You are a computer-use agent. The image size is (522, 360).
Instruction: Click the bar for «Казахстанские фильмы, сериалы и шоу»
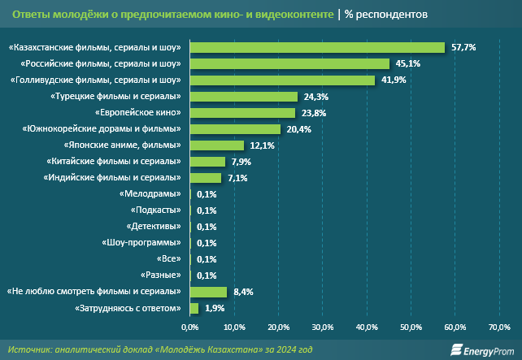(317, 48)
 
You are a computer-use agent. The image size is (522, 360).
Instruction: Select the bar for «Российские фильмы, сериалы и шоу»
(289, 64)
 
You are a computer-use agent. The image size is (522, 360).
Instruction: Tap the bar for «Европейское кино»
(242, 113)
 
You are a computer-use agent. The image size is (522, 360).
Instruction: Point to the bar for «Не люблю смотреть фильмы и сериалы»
(208, 292)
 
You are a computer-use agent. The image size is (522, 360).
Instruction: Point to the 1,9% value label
(215, 308)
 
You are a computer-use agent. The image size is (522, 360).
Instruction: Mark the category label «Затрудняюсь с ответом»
(129, 308)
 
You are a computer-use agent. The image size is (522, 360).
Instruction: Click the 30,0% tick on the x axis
(323, 327)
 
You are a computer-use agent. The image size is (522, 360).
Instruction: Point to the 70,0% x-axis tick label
(498, 327)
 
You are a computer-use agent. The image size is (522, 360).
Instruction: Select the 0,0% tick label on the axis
(189, 327)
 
